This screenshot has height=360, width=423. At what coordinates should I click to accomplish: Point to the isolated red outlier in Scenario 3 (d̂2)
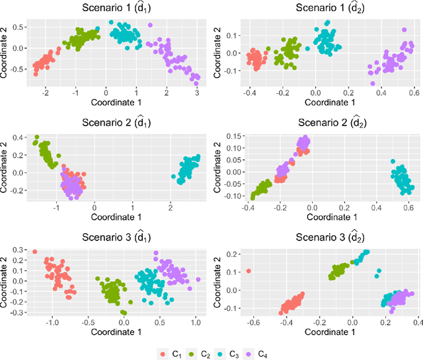(249, 271)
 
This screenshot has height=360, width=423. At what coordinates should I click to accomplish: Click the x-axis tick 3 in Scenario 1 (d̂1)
(197, 94)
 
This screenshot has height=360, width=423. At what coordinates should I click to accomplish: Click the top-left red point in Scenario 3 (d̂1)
(35, 252)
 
